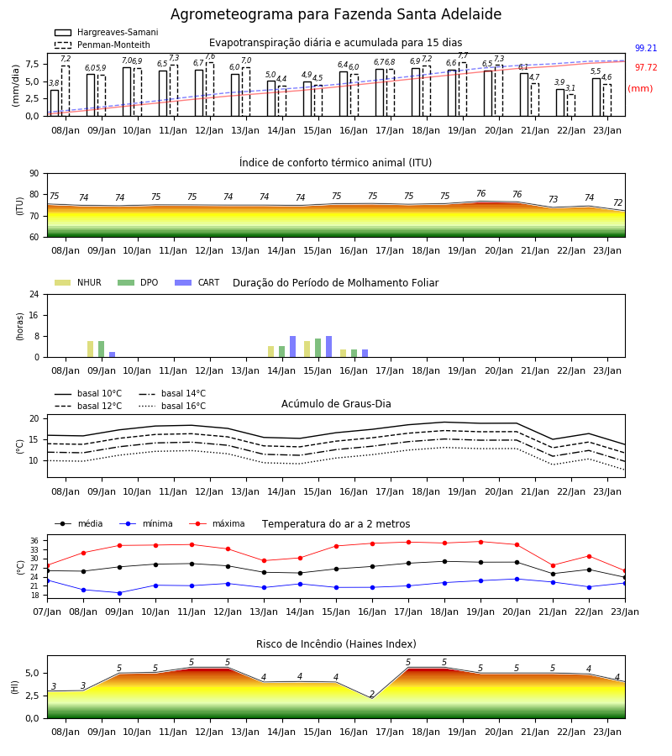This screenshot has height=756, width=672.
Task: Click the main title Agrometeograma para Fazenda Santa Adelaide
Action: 336,14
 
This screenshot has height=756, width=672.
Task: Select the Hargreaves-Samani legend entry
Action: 106,32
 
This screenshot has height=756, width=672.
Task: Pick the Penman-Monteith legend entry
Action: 102,45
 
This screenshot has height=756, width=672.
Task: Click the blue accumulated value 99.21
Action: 646,48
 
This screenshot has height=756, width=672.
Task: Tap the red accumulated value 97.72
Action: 646,67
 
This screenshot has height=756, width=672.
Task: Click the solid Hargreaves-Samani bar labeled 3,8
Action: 55,102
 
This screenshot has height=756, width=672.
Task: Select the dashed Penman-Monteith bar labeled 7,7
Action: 463,89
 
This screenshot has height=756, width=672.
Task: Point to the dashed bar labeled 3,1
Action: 570,105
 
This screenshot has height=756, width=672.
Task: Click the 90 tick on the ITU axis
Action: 34,174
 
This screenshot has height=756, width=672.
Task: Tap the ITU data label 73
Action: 553,199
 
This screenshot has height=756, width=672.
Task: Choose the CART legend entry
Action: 197,282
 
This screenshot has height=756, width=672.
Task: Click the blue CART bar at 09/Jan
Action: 113,354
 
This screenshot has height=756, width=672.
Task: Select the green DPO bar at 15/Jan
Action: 318,348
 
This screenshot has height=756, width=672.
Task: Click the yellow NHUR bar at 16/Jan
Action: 344,354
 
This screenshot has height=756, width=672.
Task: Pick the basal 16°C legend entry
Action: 172,406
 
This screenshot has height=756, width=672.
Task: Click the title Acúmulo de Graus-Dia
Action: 336,404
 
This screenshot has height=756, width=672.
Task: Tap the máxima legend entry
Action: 218,523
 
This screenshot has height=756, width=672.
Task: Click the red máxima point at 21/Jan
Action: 553,565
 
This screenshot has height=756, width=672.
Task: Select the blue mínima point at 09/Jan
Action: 119,593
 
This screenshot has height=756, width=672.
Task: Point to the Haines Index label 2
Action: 371,695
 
